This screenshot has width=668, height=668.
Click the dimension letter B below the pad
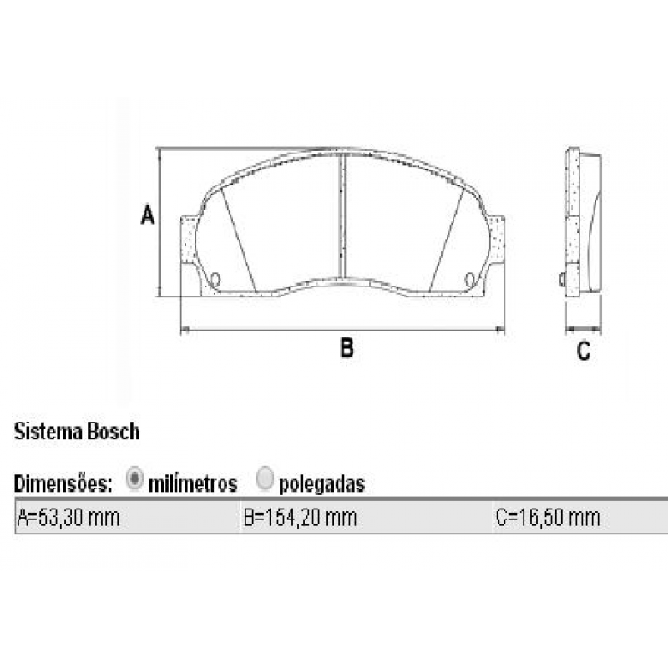point(347,348)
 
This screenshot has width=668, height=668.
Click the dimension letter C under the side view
point(584,352)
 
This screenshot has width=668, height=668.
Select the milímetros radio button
point(134,480)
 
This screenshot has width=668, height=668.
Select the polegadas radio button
point(266,480)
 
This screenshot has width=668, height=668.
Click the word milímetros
point(193,483)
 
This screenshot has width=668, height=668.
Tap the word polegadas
point(322,483)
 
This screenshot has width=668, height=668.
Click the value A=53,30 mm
point(68,518)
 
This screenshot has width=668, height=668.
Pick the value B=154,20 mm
point(300,518)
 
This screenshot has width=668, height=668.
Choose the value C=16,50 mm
point(548,518)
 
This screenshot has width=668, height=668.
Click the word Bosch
point(112,432)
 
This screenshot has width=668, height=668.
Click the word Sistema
point(48,432)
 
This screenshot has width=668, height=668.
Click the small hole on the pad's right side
point(469,279)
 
